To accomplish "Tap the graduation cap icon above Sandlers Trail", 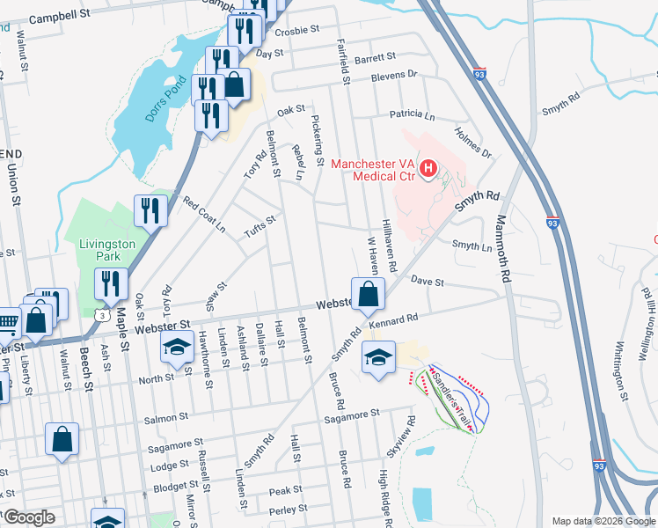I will [x=378, y=357].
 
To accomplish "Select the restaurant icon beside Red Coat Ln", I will [x=150, y=210].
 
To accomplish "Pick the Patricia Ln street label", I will [x=413, y=115].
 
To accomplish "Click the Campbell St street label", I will [x=60, y=17].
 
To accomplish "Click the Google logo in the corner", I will [x=29, y=517].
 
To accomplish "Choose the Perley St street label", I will [x=289, y=509].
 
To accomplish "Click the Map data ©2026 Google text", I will [x=603, y=521].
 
